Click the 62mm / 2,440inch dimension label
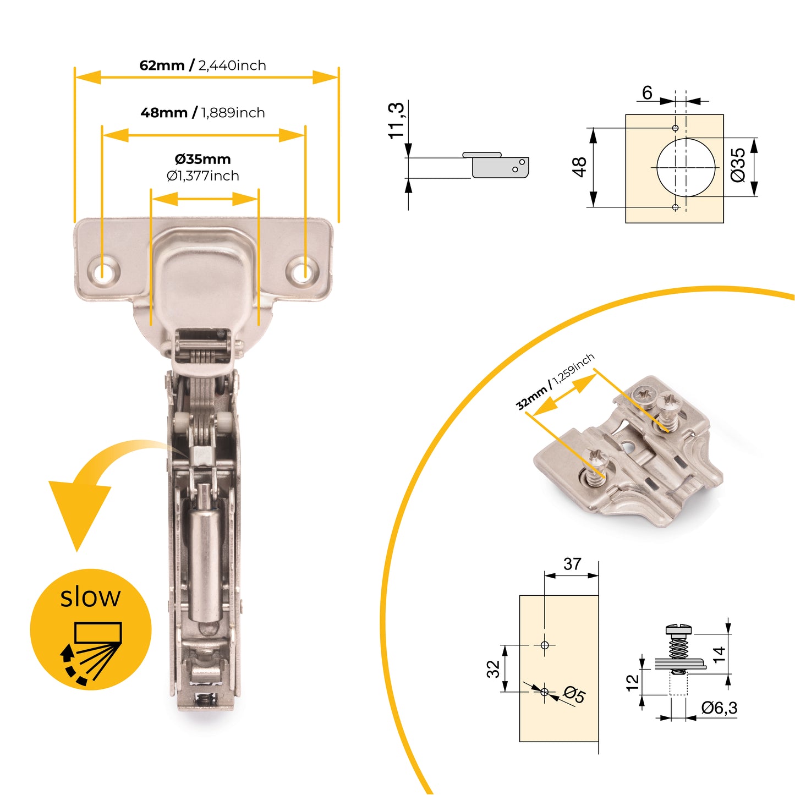(202, 65)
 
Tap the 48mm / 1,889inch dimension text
(202, 113)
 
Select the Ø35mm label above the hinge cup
(202, 160)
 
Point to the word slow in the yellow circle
(90, 597)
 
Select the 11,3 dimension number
(396, 120)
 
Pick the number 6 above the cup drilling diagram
(647, 92)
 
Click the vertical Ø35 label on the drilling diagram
(738, 165)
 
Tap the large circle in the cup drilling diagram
(686, 167)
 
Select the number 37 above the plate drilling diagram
(572, 564)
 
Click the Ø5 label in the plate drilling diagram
(574, 694)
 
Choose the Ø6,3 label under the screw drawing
(719, 708)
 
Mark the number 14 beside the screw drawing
(719, 654)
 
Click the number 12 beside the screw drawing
(633, 682)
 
